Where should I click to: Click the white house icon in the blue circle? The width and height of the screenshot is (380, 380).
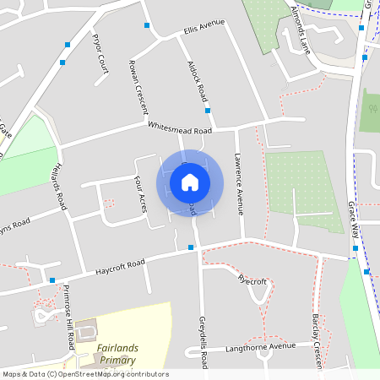point(190,182)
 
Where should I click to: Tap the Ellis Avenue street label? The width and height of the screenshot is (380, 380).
point(205,27)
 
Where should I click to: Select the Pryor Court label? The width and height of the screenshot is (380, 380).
point(100,53)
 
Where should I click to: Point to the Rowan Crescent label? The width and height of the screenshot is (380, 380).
point(137,88)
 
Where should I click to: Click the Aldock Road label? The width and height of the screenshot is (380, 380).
point(197,82)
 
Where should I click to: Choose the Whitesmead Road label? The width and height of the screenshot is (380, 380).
point(179,129)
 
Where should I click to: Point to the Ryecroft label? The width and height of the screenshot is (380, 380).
point(252,281)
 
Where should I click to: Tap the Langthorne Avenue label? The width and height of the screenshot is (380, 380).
point(260,346)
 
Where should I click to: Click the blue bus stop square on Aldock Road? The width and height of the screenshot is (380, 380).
point(207,111)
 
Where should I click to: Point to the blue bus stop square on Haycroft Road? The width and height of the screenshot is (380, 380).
point(192,247)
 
